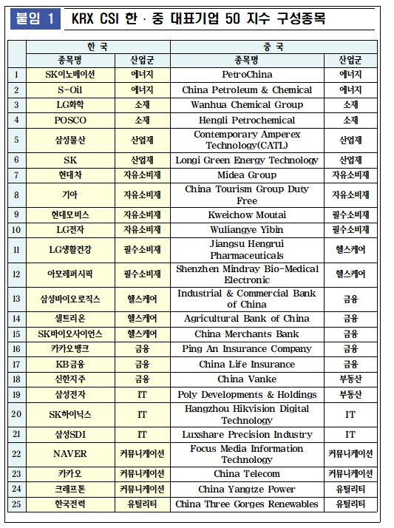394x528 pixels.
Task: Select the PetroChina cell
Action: (x=246, y=75)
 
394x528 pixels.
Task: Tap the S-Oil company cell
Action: (x=70, y=89)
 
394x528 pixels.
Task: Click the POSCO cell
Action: (x=70, y=120)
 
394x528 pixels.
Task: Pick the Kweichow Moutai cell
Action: (x=246, y=214)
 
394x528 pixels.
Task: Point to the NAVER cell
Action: (x=70, y=454)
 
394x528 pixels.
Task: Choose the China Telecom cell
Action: (x=246, y=474)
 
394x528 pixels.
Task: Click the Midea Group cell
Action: (x=246, y=175)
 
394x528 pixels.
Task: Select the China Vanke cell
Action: (x=246, y=379)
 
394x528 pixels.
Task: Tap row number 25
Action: (x=16, y=504)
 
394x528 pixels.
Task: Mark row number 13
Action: (x=16, y=299)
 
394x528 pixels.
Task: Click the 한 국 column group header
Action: (x=98, y=47)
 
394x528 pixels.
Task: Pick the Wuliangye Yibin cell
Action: (x=246, y=229)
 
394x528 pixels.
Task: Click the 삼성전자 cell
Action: (x=70, y=395)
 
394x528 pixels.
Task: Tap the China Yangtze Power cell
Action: (x=246, y=490)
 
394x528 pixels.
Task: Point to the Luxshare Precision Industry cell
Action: (x=246, y=435)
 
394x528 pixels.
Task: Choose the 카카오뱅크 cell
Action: (x=70, y=349)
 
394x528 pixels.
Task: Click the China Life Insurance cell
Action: (x=246, y=365)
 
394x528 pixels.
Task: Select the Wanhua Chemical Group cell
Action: (x=246, y=105)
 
